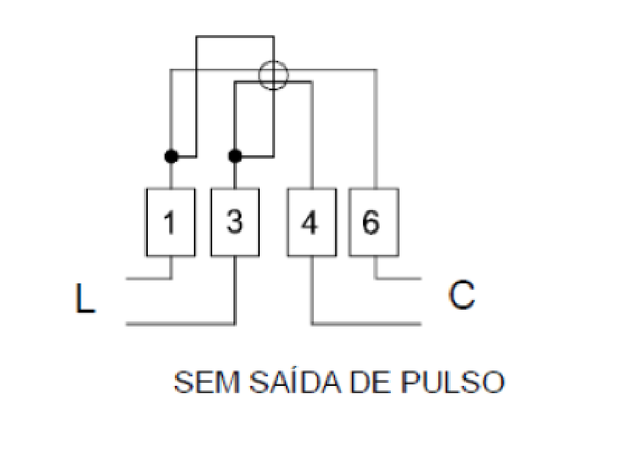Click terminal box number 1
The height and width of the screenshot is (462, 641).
tap(171, 222)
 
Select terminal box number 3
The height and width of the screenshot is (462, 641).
tap(235, 222)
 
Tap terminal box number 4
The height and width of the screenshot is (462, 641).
tap(312, 222)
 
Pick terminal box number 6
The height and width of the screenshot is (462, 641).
tap(374, 222)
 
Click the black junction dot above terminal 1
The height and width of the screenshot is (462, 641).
tap(171, 157)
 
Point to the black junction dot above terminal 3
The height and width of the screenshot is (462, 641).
tap(235, 157)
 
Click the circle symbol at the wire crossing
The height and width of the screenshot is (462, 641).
tap(274, 61)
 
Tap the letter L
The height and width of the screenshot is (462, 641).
tap(85, 298)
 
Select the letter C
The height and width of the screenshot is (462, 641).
tap(462, 294)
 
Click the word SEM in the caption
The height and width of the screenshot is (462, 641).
tap(207, 382)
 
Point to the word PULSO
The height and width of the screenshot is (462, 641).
tap(452, 382)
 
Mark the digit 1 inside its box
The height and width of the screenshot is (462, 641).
tap(170, 223)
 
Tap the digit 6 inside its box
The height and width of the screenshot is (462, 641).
tap(371, 223)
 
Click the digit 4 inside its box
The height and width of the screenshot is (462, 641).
tap(309, 223)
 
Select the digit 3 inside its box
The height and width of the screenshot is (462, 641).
tap(235, 222)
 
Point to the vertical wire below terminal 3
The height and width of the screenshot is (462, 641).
tap(235, 290)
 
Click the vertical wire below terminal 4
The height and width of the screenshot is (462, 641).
tap(312, 290)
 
